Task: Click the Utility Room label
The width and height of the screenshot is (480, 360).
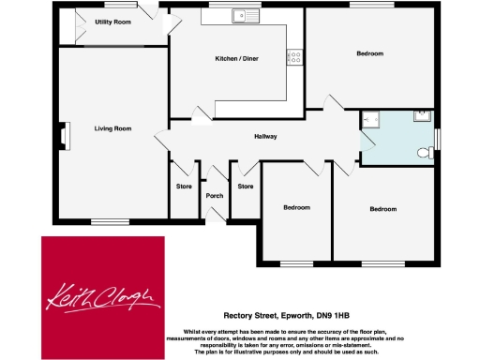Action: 112,21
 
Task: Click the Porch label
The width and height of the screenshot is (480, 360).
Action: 215,196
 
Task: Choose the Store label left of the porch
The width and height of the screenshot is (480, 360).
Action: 184,187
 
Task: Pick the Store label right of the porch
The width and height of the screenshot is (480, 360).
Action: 246,187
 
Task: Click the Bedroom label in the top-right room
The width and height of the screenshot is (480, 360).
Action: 369,53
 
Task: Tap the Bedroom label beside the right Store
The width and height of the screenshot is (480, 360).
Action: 296,206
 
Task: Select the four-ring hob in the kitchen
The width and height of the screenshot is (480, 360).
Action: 295,56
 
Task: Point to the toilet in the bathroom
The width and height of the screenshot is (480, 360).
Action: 427,153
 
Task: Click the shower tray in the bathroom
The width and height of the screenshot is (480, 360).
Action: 371,120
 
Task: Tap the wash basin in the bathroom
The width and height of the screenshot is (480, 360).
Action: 423,116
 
